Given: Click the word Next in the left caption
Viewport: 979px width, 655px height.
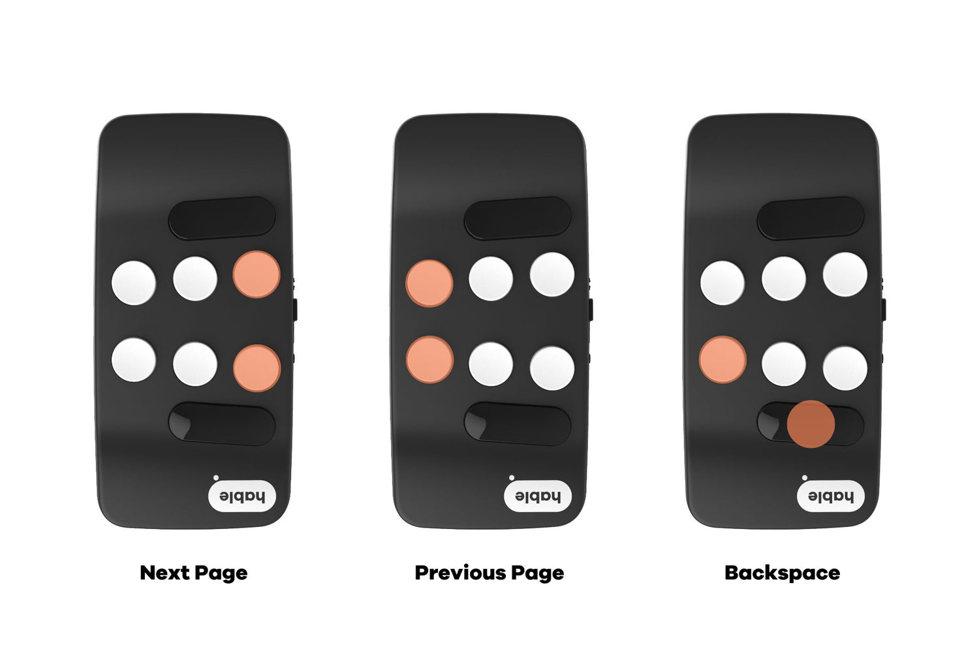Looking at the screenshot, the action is (164, 572).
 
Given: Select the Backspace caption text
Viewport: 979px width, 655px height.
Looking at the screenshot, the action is (782, 572).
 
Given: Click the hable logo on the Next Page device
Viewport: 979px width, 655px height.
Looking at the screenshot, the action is (241, 496).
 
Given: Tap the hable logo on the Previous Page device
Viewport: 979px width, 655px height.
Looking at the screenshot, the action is (538, 496).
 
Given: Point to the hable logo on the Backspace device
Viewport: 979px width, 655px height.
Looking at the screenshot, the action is (830, 496).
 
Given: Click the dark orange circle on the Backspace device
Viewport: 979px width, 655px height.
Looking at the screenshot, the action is (811, 424).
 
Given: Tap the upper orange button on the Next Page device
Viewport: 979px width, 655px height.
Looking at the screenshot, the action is (256, 274).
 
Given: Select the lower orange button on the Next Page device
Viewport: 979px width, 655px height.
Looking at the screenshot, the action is (256, 368).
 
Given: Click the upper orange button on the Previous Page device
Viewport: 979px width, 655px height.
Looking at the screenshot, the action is (429, 283).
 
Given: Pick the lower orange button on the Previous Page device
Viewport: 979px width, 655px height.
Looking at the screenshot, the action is (429, 359).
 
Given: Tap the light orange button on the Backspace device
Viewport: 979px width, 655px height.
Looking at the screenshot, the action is (723, 359).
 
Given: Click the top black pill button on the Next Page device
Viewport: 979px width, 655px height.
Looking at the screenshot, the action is (222, 218).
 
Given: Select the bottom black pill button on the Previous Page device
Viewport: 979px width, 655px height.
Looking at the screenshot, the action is (518, 424).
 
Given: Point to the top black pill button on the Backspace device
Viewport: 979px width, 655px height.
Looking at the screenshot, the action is (811, 218).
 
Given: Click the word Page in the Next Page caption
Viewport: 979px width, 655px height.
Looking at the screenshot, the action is (221, 573).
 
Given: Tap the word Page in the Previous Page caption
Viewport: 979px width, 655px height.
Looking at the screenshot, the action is (538, 573).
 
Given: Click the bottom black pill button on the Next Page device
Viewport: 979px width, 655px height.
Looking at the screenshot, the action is (222, 424).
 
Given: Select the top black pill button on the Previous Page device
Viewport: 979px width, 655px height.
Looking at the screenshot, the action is (518, 218).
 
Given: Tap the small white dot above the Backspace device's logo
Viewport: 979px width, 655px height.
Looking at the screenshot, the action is (805, 477).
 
